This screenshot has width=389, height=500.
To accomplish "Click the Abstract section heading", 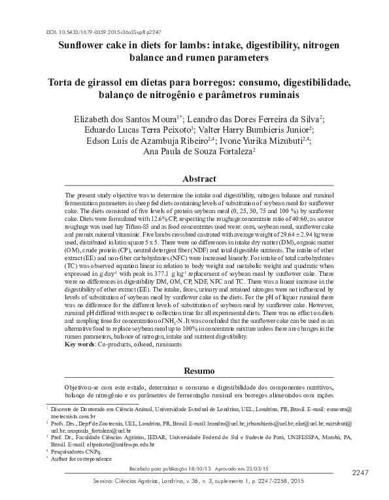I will tap(195, 178).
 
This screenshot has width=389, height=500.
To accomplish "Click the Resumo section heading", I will tap(195, 371).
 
